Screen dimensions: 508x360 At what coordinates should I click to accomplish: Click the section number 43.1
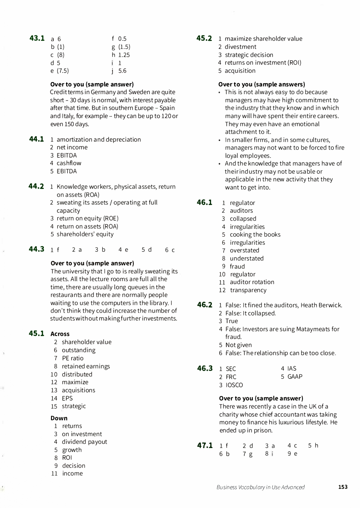coord(37,38)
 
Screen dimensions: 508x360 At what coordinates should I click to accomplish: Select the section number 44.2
coord(36,186)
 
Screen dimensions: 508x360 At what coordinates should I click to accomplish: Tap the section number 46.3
coord(205,368)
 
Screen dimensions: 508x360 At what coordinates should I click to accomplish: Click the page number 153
coord(343,487)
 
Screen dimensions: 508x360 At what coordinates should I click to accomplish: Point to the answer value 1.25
coord(124,55)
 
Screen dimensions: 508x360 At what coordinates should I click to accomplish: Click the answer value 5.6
coord(122,71)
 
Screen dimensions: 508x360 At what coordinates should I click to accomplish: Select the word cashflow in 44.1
coord(69,163)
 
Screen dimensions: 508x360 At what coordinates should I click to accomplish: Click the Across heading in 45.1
coord(60,334)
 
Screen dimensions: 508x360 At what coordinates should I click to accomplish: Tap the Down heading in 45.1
coord(59,418)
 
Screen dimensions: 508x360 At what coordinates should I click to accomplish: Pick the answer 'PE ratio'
coord(73,358)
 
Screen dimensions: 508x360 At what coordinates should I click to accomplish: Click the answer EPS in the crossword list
coord(67,398)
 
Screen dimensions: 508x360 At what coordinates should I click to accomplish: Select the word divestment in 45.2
coord(240,47)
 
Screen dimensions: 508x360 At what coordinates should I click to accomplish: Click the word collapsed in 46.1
coord(243,219)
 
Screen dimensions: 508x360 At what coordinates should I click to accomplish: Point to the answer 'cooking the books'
coord(255,234)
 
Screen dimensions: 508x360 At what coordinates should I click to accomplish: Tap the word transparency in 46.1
coord(248,290)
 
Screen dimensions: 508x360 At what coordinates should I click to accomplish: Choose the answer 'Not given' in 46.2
coord(238,345)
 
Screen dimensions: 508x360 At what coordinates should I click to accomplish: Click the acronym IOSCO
coord(234,385)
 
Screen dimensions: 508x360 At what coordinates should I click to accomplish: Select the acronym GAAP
coord(295,377)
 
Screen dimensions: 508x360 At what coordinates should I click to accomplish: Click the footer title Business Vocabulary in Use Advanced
coord(261,487)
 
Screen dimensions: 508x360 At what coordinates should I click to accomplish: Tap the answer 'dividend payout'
coord(84,442)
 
